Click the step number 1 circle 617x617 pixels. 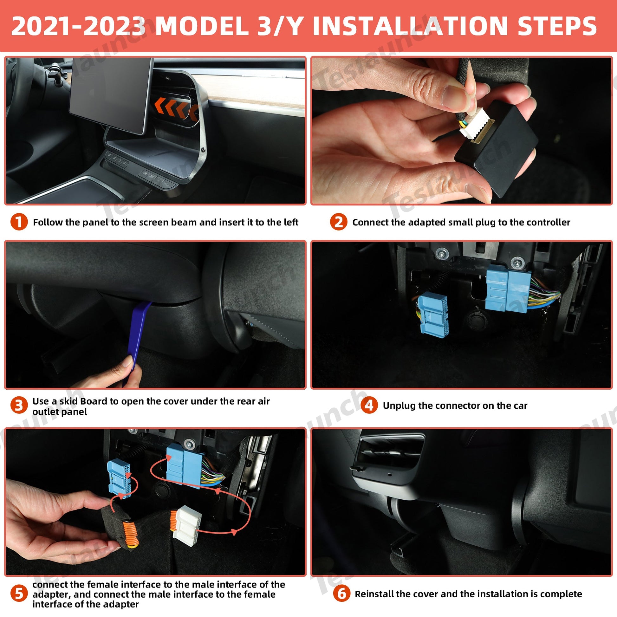point(19,222)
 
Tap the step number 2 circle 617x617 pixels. point(339,222)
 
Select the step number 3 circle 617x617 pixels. point(19,406)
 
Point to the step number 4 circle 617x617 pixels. point(369,406)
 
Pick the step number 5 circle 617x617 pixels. point(19,594)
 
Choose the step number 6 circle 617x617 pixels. point(342,594)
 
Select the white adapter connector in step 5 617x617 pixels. point(187,523)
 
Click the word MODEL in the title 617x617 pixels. point(202,26)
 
